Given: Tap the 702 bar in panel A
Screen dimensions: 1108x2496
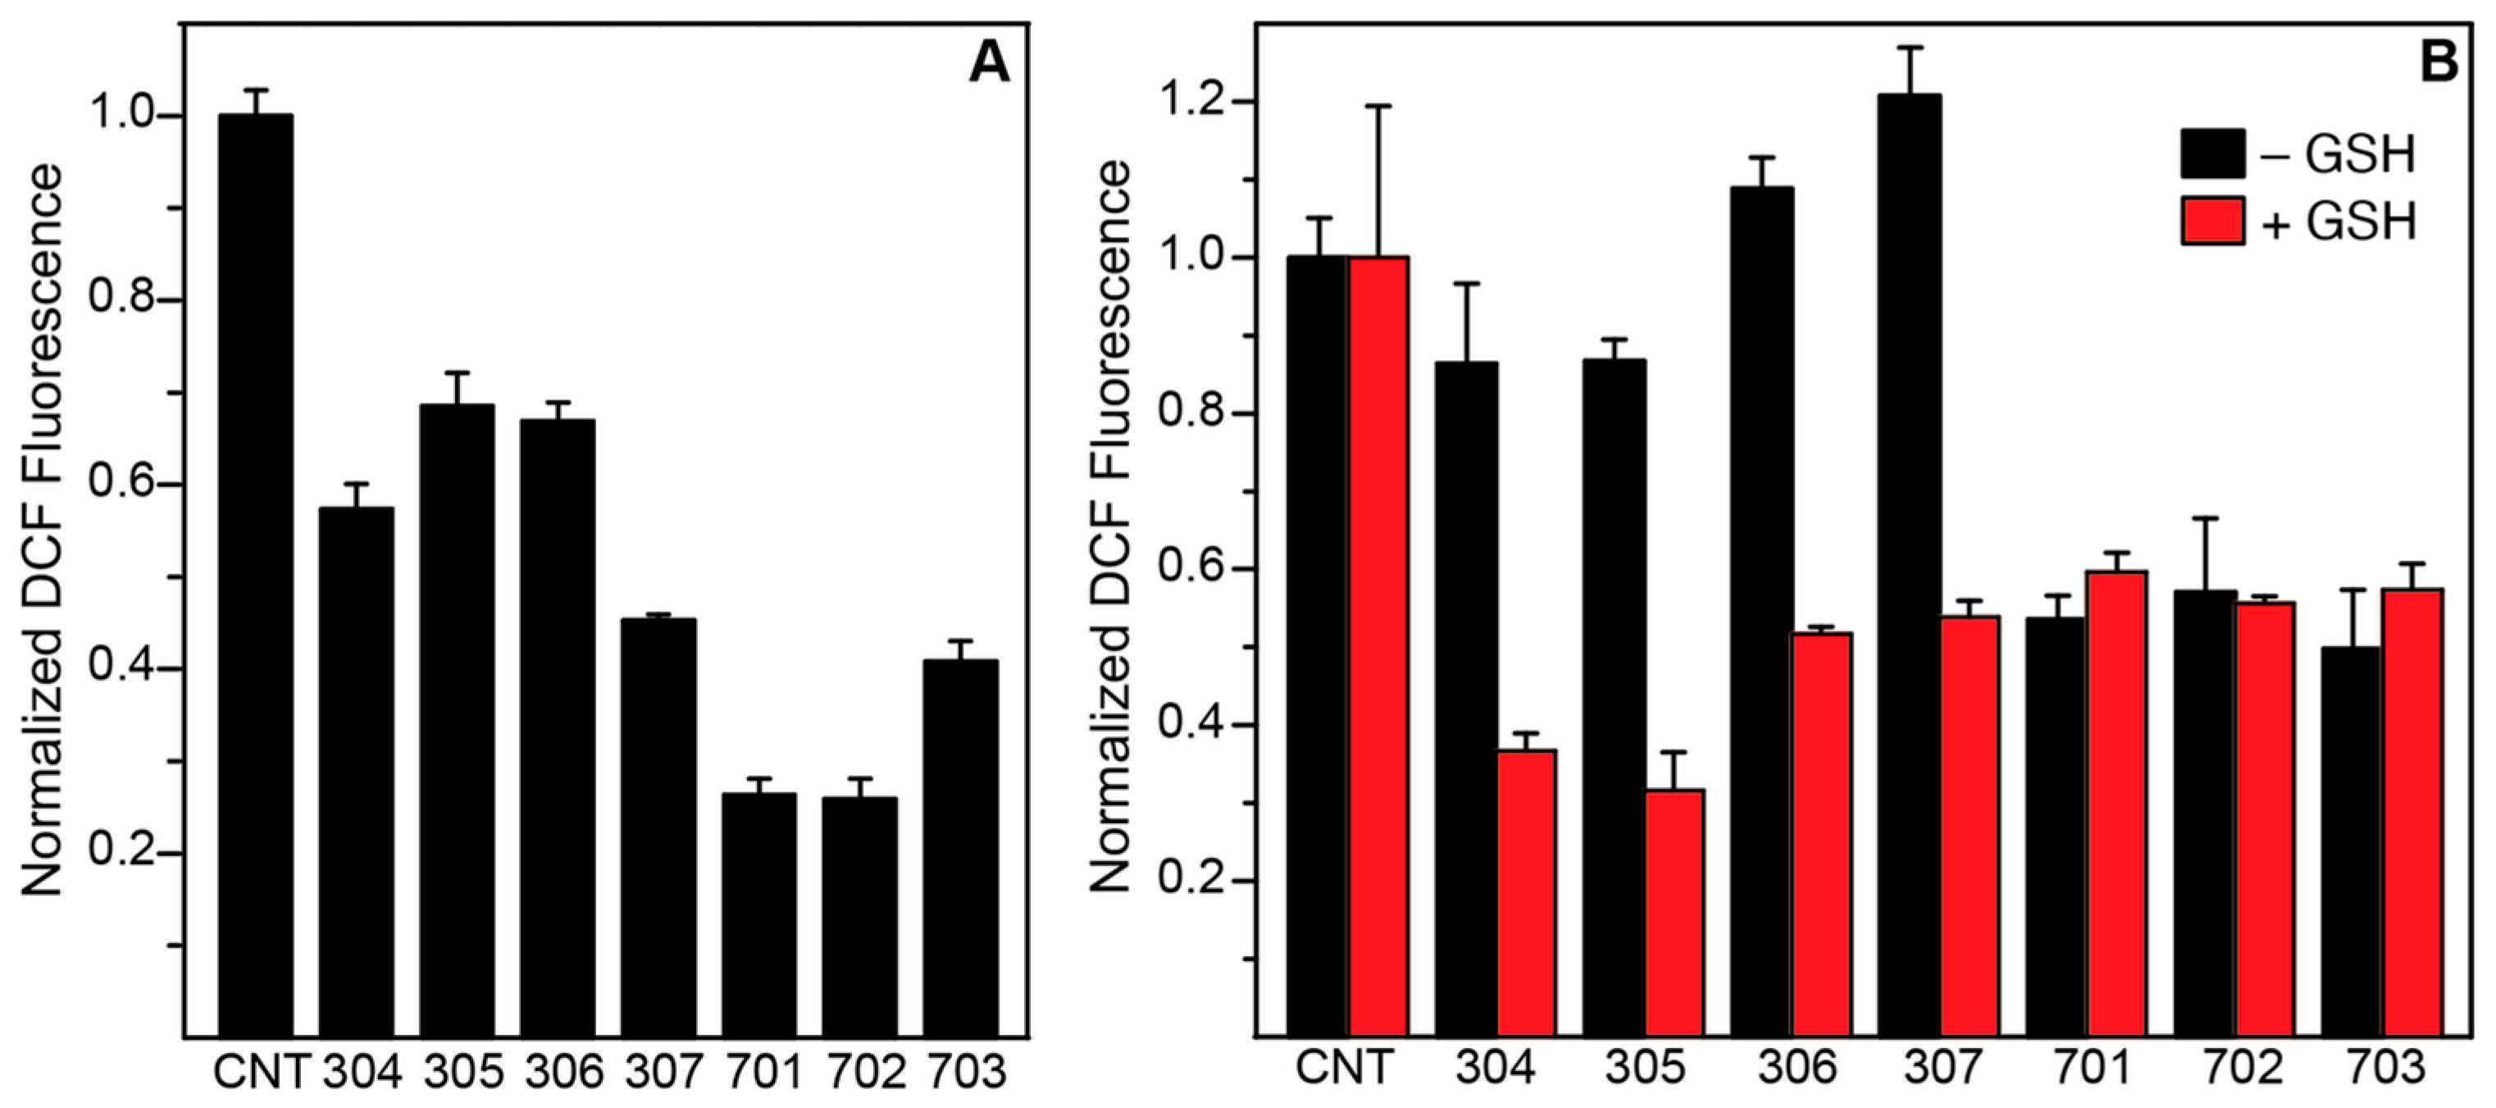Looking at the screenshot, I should point(859,917).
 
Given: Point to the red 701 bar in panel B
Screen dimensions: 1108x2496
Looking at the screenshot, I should point(2117,805).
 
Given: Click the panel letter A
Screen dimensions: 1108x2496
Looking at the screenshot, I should point(989,65).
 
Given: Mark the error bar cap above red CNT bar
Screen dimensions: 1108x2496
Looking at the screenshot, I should point(1378,106).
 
